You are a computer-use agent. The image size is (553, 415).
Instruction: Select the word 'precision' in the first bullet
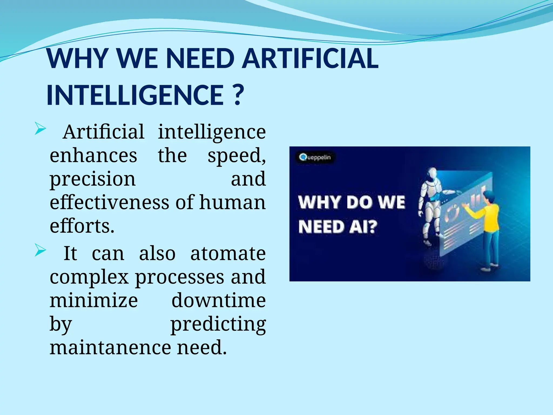[x=93, y=180]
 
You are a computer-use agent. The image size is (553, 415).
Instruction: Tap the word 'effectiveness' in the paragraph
[x=110, y=202]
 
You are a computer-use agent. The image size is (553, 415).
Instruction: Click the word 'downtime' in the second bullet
[x=218, y=300]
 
